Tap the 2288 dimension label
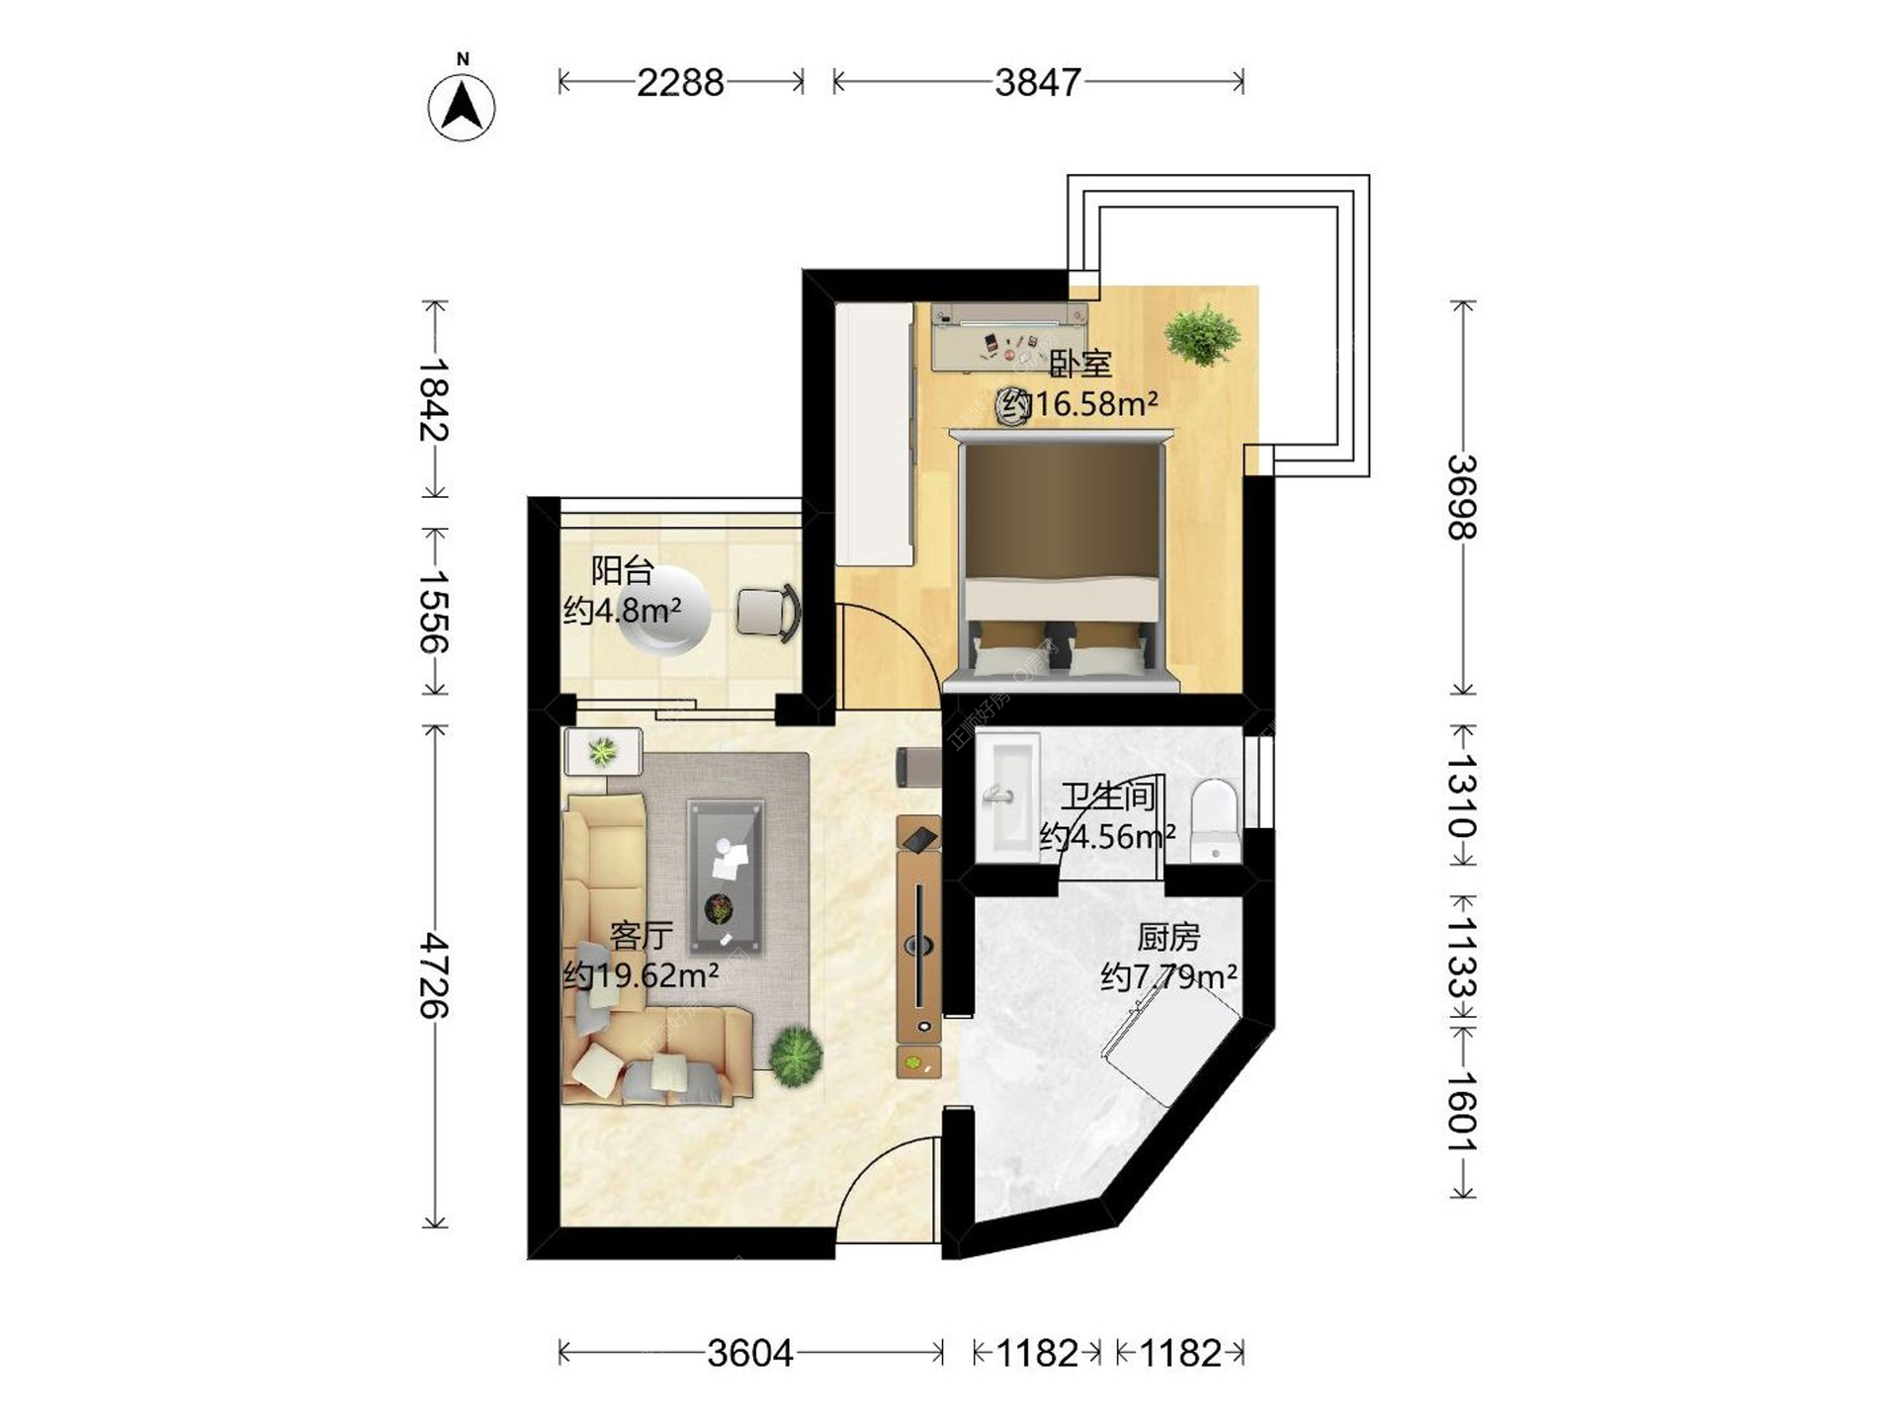tap(680, 82)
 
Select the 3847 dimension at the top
tap(1038, 82)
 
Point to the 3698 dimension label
tap(1462, 497)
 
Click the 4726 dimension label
tap(434, 975)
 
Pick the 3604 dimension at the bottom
tap(750, 1353)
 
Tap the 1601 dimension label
tap(1462, 1112)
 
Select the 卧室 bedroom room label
tap(1080, 364)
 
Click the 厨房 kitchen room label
tap(1168, 936)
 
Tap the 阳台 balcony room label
tap(623, 570)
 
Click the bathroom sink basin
tap(1007, 796)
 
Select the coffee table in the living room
tap(727, 877)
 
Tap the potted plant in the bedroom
tap(1202, 334)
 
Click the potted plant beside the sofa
tap(796, 1056)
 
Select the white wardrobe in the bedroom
tap(874, 434)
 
